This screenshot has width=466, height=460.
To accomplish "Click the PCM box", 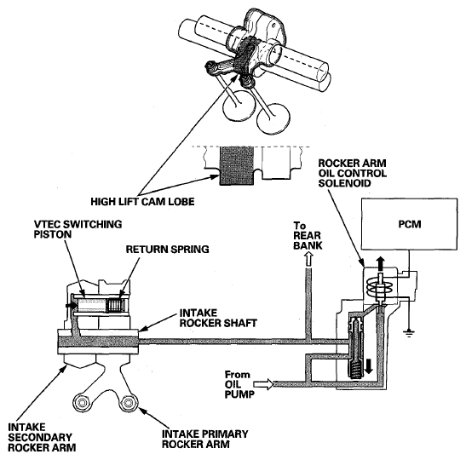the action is pyautogui.click(x=409, y=224).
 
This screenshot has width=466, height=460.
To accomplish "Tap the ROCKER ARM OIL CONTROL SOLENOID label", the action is pyautogui.click(x=352, y=173).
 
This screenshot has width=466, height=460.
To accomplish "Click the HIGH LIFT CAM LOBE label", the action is pyautogui.click(x=142, y=202).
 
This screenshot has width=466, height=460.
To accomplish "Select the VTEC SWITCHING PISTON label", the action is pyautogui.click(x=78, y=229).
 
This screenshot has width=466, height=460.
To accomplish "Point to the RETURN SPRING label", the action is pyautogui.click(x=167, y=249).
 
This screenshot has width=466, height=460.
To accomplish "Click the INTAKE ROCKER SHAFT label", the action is pyautogui.click(x=218, y=318).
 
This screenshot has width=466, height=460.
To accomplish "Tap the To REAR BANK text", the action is pyautogui.click(x=308, y=236).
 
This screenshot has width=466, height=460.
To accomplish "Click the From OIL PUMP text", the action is pyautogui.click(x=239, y=384).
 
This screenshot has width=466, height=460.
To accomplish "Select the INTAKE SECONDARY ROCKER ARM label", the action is pyautogui.click(x=42, y=437).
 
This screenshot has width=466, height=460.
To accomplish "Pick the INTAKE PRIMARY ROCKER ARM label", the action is pyautogui.click(x=204, y=439).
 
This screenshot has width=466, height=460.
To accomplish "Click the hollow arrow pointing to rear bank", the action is pyautogui.click(x=309, y=260).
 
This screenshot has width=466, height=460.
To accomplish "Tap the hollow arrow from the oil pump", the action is pyautogui.click(x=264, y=384).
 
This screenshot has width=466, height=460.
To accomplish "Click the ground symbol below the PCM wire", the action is pyautogui.click(x=409, y=333).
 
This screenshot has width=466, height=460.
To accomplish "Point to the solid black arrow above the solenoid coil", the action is pyautogui.click(x=380, y=264).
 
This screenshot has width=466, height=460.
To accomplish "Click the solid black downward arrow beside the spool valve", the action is pyautogui.click(x=369, y=365).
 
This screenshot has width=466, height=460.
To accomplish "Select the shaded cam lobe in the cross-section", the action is pyautogui.click(x=237, y=166).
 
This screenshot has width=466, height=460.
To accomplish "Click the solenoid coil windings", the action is pyautogui.click(x=380, y=287).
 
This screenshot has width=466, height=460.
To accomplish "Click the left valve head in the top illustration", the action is pyautogui.click(x=239, y=106).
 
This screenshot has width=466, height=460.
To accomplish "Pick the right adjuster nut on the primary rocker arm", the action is pyautogui.click(x=128, y=403).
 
